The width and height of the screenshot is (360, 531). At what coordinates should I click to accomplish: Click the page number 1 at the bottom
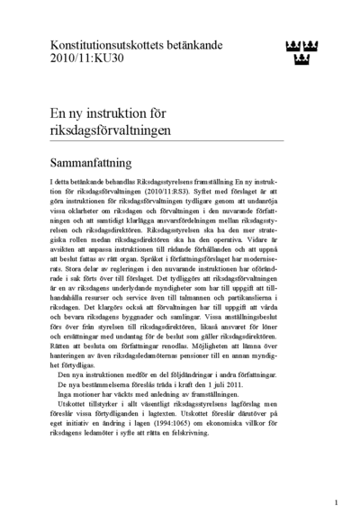335,503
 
